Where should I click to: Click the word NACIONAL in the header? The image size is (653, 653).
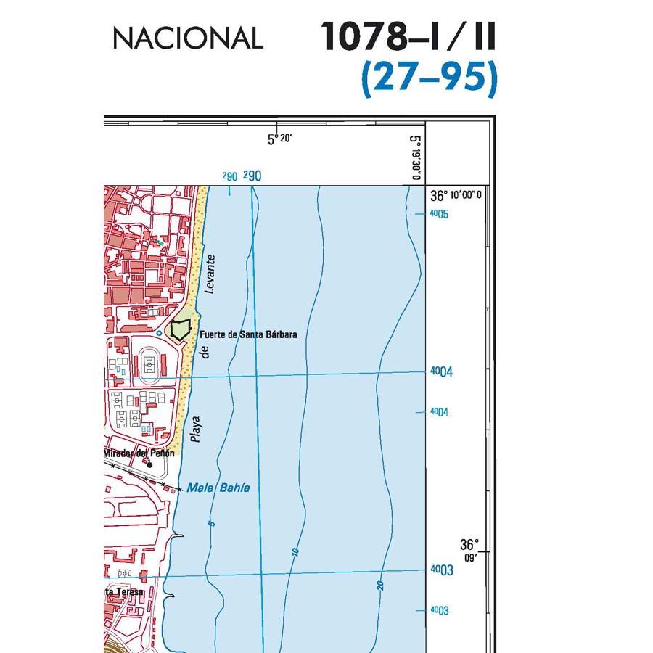point(187,38)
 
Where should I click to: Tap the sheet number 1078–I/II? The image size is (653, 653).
point(408,36)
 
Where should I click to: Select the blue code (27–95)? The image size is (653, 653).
point(430,78)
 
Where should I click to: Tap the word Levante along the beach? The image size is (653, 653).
point(210,274)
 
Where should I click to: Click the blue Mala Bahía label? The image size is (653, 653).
point(218,488)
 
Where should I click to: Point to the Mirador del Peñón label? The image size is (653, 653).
point(139,453)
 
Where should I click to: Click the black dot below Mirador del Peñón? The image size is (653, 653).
point(150,464)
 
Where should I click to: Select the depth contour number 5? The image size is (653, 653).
point(212,523)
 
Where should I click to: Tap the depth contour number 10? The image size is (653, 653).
point(295,552)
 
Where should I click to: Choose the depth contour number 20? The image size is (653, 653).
point(379,585)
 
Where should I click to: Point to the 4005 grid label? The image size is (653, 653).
point(439,214)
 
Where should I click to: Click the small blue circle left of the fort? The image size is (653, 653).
point(160,333)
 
